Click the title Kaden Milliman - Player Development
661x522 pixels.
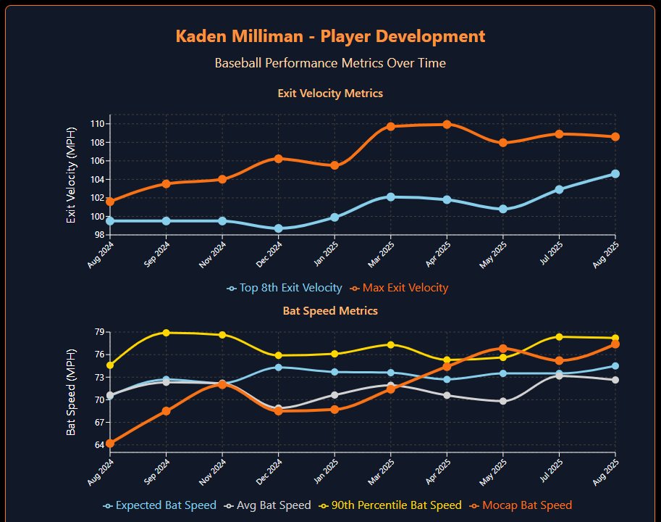(x=330, y=36)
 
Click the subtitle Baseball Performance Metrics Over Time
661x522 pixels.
(x=330, y=63)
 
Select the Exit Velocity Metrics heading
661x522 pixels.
(x=330, y=94)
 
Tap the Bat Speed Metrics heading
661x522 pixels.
(x=330, y=310)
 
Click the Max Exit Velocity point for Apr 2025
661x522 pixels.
(x=447, y=124)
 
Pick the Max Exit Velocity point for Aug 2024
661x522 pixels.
(x=110, y=202)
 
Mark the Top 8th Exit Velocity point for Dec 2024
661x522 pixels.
(x=279, y=228)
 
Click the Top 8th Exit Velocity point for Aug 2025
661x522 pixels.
(x=615, y=174)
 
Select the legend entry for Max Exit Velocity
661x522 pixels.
(x=400, y=288)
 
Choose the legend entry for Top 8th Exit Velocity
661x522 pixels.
(x=285, y=288)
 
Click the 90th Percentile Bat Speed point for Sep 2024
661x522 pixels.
(x=167, y=333)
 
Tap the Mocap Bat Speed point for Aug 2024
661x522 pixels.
(x=110, y=444)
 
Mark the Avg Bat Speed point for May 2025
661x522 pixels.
(x=503, y=401)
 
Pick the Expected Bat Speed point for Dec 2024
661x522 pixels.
(x=279, y=367)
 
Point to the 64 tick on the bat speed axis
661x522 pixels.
(x=100, y=444)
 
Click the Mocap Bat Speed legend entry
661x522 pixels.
(x=523, y=505)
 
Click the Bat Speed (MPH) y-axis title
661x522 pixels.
(x=71, y=391)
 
